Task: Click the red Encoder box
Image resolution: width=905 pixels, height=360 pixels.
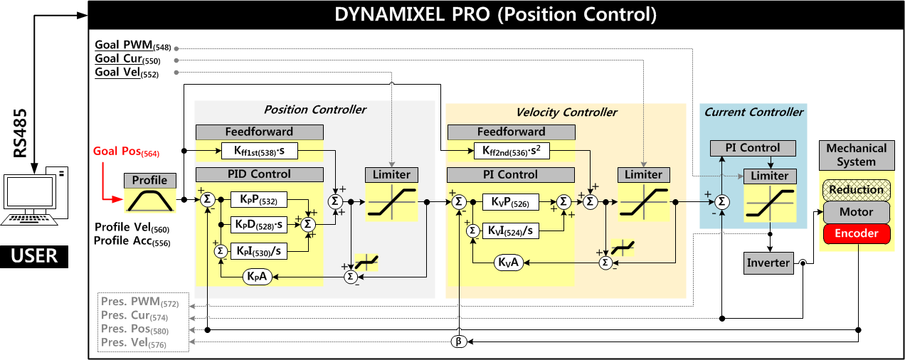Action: tap(856, 233)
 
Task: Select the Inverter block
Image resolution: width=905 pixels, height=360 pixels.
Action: tap(768, 263)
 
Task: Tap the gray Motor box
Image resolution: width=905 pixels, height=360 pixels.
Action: tap(856, 212)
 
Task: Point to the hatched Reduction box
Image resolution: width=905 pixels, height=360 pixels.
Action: tap(856, 190)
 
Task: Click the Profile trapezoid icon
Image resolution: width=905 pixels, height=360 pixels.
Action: tap(149, 200)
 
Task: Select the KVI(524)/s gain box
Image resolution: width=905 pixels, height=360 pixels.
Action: tap(510, 231)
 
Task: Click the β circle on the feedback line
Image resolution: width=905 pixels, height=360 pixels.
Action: tap(459, 342)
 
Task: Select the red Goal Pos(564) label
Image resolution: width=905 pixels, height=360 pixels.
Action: tap(126, 152)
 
